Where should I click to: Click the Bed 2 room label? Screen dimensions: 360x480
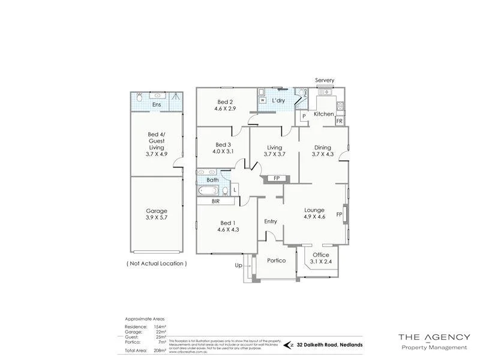click(x=223, y=106)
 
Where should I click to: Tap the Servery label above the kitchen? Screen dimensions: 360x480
click(x=325, y=80)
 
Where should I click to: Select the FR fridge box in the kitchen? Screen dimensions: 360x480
click(x=339, y=121)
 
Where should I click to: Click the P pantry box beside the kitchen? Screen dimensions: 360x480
click(x=304, y=116)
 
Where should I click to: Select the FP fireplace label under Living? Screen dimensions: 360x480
click(x=276, y=179)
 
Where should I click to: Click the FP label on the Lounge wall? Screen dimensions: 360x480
click(x=339, y=214)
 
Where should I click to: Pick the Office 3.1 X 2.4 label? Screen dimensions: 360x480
click(x=321, y=258)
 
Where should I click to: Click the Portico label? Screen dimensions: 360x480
click(x=277, y=260)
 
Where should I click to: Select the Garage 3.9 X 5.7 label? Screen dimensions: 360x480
click(x=157, y=215)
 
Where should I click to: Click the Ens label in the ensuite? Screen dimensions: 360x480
click(x=156, y=106)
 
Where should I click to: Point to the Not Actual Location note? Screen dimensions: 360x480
click(x=157, y=263)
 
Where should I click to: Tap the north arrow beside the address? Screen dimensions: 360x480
click(x=292, y=344)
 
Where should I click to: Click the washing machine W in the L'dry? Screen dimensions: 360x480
click(x=262, y=101)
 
